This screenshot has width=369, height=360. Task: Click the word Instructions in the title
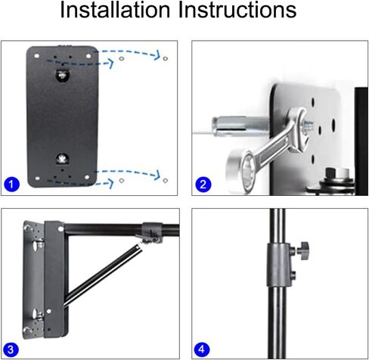(x=235, y=11)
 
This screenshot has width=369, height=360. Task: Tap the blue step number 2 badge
(x=202, y=184)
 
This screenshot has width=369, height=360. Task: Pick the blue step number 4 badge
(x=202, y=349)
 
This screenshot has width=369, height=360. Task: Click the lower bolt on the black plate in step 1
(x=63, y=160)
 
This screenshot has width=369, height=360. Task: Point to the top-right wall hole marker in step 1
(x=165, y=57)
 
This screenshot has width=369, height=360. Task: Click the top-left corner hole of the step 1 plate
(x=36, y=53)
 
